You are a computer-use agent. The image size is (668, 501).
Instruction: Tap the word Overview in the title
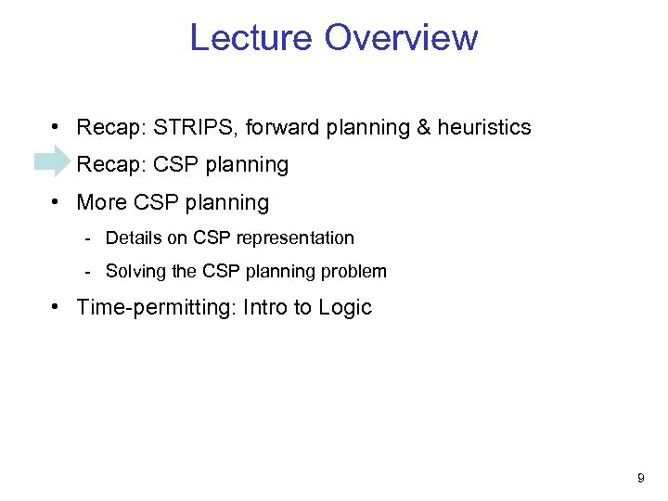point(401,38)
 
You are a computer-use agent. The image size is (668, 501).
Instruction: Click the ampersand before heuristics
point(423,127)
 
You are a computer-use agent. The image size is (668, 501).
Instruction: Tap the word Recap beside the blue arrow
point(105,165)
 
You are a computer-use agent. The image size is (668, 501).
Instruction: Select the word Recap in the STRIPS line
point(105,127)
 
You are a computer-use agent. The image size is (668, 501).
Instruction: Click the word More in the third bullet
point(100,202)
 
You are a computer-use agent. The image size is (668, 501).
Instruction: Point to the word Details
point(134,238)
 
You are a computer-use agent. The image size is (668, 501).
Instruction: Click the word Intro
point(264,308)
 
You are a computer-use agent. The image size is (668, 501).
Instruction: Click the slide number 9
point(640,479)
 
